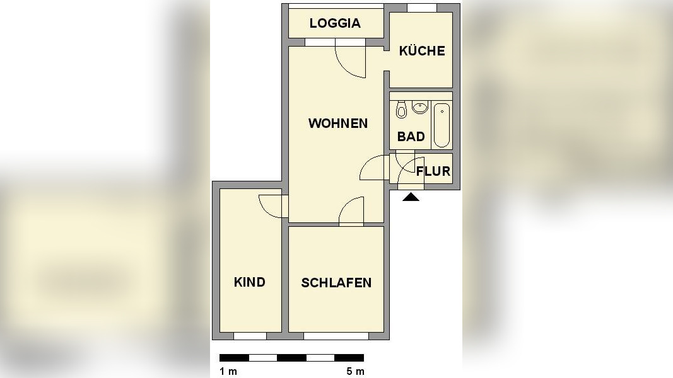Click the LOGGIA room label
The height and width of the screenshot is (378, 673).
[x=335, y=23]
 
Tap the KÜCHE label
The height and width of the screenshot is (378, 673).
[x=422, y=51]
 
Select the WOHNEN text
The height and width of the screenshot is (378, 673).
[x=337, y=123]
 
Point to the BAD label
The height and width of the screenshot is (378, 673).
[x=411, y=137]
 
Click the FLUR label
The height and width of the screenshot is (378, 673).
[x=433, y=171]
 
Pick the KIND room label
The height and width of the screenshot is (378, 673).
[x=249, y=282]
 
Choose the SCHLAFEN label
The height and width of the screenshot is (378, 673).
[x=336, y=283]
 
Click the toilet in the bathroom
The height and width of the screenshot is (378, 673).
[x=401, y=112]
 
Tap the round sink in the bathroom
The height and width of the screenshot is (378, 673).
[x=419, y=108]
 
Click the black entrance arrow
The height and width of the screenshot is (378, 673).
[x=411, y=197]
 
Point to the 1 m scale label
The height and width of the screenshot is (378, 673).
[x=228, y=372]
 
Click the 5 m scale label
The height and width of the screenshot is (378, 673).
[x=355, y=372]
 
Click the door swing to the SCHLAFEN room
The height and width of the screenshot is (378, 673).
[x=351, y=211]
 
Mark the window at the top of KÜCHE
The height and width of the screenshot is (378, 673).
[x=421, y=8]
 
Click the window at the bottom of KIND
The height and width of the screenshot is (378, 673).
[x=250, y=336]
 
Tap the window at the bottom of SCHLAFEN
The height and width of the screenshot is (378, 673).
[x=336, y=336]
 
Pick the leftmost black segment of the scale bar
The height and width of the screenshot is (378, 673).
[x=234, y=358]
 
